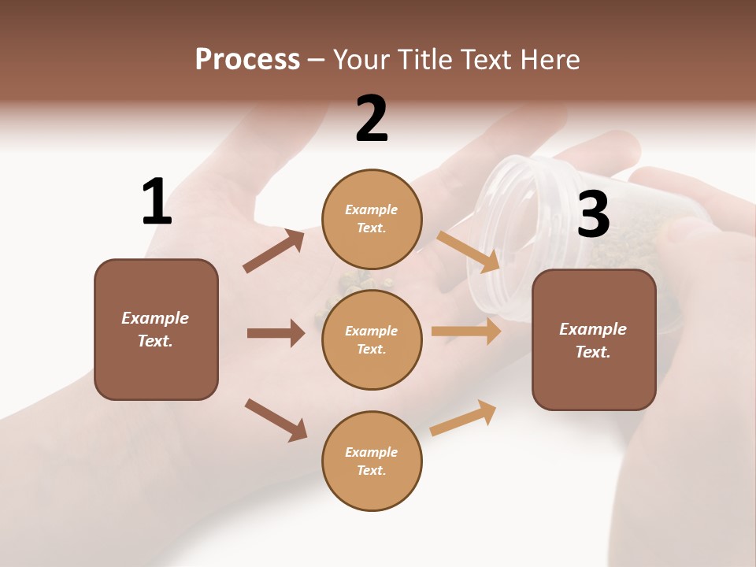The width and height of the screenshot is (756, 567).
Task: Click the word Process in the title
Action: pos(247,60)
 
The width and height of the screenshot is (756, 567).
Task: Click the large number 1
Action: pos(157,202)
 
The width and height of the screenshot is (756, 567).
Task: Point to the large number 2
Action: pos(372,120)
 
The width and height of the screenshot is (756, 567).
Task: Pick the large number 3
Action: pos(593,215)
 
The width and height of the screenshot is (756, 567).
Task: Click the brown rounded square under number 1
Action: pos(156,329)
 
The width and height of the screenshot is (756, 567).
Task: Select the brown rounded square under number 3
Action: pos(594,339)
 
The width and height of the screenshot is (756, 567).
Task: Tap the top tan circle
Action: pos(372,219)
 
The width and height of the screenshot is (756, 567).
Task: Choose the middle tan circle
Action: pos(372,339)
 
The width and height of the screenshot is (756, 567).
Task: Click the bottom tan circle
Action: pos(372,461)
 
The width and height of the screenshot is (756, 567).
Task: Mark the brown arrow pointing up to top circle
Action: pos(274,251)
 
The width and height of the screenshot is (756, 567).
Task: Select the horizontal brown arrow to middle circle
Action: pos(276,333)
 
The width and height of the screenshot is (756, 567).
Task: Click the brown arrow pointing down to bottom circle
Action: pos(276,420)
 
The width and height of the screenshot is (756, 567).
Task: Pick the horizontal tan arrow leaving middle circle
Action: pos(466,332)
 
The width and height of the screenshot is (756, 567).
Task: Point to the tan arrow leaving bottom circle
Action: pos(463,418)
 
